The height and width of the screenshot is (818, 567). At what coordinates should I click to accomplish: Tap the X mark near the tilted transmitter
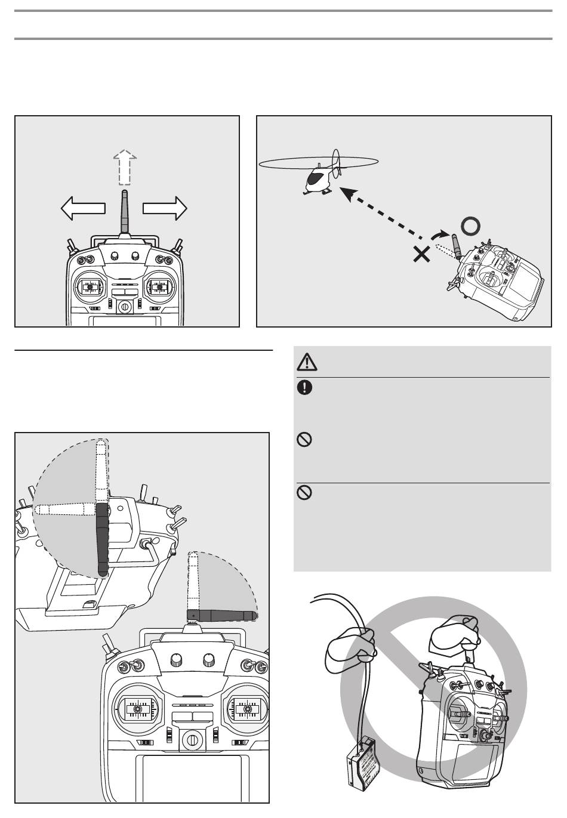tap(421, 255)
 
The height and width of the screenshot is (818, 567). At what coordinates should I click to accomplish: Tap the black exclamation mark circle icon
tap(304, 387)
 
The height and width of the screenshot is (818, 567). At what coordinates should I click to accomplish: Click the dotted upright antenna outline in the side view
tap(101, 471)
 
